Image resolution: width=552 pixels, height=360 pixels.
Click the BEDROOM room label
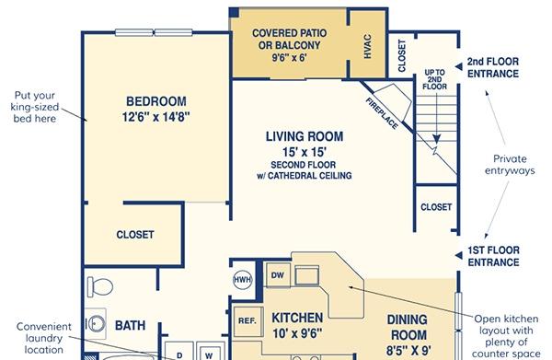click(156, 101)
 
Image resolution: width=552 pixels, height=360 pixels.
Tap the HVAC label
click(367, 46)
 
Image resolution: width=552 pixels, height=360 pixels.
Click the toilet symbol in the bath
click(100, 286)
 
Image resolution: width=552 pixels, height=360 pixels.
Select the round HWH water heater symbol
click(243, 280)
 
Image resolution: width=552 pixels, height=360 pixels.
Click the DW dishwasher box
click(278, 275)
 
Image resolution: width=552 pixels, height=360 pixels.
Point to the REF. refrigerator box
click(248, 321)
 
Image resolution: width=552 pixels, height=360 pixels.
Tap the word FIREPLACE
click(383, 113)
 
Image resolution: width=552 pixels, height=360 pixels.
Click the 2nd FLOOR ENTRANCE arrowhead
click(458, 66)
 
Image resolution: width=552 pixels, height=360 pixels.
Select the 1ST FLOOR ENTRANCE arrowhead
click(458, 255)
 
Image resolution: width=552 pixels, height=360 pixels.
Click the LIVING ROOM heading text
click(305, 136)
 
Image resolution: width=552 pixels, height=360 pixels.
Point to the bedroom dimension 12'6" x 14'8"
click(156, 117)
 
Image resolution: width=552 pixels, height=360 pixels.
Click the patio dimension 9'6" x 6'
click(290, 57)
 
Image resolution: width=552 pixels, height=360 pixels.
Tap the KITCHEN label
click(297, 318)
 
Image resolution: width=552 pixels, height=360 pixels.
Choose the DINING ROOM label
click(408, 327)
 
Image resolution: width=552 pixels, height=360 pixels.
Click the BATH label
click(131, 326)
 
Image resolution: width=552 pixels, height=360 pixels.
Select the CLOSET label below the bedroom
click(135, 235)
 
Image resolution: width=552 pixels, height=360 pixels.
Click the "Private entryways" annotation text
click(510, 165)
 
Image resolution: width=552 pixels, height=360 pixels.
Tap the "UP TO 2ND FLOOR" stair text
click(435, 79)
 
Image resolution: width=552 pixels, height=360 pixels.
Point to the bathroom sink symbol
click(96, 323)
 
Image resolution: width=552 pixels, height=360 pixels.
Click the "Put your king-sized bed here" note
click(35, 107)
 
